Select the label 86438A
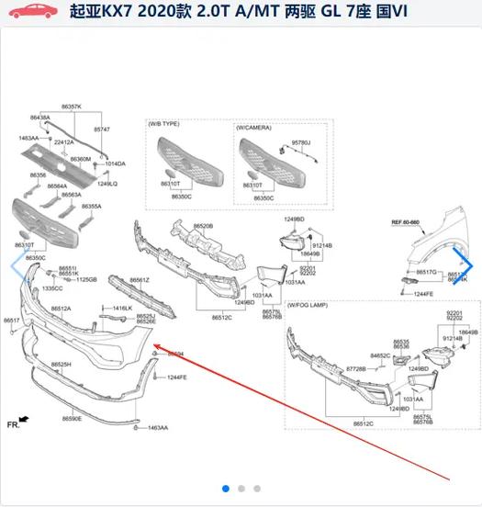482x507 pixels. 39,118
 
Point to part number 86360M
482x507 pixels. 81,159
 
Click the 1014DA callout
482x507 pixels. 115,163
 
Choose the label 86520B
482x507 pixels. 203,226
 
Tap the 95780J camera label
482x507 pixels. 301,143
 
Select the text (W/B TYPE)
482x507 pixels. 166,123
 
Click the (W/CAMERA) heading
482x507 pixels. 255,128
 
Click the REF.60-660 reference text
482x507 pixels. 405,222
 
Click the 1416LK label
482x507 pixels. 122,308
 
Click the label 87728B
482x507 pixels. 356,368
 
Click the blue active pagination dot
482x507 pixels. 226,489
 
